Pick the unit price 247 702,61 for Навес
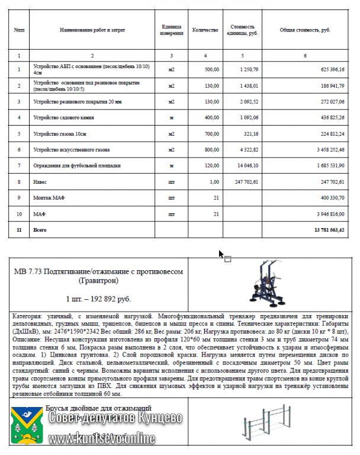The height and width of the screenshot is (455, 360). (x=246, y=182)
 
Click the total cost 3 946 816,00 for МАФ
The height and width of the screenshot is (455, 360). (x=327, y=213)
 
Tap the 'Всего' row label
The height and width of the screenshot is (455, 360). (x=40, y=229)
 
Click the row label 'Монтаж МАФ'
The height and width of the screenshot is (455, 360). (x=47, y=198)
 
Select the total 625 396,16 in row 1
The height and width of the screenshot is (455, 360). (x=332, y=69)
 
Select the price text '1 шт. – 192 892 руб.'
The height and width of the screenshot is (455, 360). (x=98, y=299)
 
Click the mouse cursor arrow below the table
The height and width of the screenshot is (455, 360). (x=221, y=254)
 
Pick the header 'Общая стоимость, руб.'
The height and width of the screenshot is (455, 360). (x=305, y=29)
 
